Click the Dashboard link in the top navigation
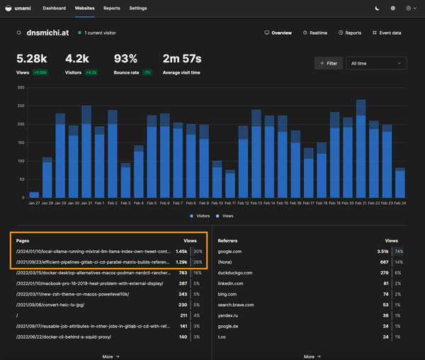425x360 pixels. click(54, 8)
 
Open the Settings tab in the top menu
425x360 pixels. click(138, 8)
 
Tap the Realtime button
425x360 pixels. click(314, 33)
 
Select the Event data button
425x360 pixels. click(386, 33)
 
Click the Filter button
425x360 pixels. click(328, 63)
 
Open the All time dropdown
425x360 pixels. click(376, 63)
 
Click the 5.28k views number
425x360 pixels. click(32, 59)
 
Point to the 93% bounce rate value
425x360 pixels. click(125, 59)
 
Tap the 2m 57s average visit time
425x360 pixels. click(182, 59)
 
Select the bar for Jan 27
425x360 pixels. click(34, 194)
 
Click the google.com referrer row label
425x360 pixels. click(230, 251)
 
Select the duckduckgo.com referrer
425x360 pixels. click(235, 273)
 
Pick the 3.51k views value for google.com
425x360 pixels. click(382, 251)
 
